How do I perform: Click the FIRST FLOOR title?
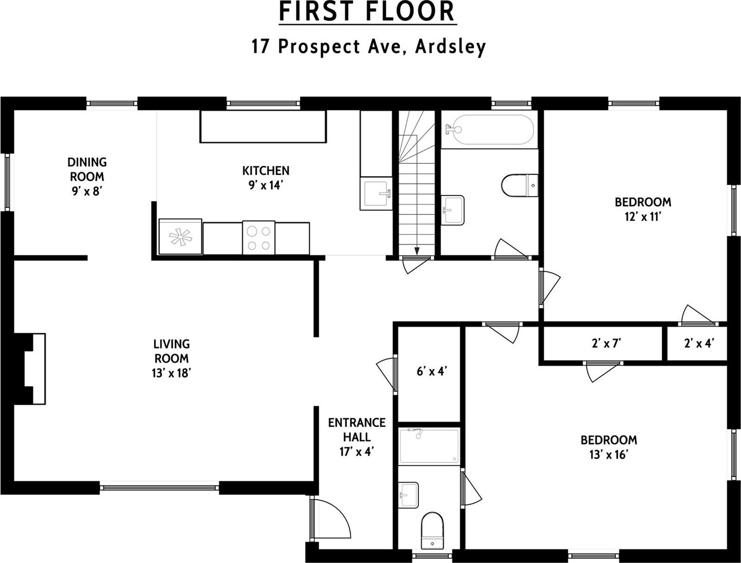(367, 12)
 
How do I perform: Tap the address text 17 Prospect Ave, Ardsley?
(368, 46)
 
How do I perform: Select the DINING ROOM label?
(87, 176)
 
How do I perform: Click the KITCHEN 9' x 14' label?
(265, 178)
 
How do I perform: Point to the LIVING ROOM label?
(171, 358)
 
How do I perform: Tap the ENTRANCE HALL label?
(356, 437)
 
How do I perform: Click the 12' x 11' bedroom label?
(643, 209)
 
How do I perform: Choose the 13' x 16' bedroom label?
(609, 447)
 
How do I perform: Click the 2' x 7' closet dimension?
(606, 343)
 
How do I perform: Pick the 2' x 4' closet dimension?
(698, 343)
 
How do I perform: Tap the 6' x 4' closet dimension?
(432, 371)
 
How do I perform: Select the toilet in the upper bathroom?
(520, 185)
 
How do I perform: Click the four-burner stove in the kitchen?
(258, 238)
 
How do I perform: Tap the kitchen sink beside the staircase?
(376, 193)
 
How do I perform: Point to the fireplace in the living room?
(31, 368)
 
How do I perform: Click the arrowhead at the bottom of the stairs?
(417, 251)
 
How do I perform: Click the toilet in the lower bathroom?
(432, 531)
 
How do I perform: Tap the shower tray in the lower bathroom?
(429, 446)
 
